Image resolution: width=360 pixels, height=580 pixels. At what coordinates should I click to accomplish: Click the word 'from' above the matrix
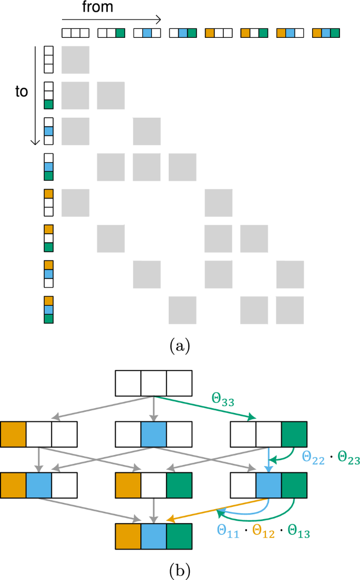pyautogui.click(x=97, y=8)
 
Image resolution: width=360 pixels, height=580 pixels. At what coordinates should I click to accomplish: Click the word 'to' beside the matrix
pyautogui.click(x=21, y=91)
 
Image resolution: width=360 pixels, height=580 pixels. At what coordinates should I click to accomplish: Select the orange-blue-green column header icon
pyautogui.click(x=326, y=33)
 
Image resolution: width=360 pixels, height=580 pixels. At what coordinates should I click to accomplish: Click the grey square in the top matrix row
pyautogui.click(x=75, y=59)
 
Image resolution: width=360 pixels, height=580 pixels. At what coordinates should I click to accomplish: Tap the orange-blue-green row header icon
pyautogui.click(x=48, y=309)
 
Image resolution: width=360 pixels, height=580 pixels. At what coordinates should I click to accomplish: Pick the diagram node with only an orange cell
pyautogui.click(x=39, y=434)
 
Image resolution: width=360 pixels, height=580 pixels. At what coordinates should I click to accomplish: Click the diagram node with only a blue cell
pyautogui.click(x=154, y=434)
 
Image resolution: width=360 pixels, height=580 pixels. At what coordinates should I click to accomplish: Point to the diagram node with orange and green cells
pyautogui.click(x=154, y=485)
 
